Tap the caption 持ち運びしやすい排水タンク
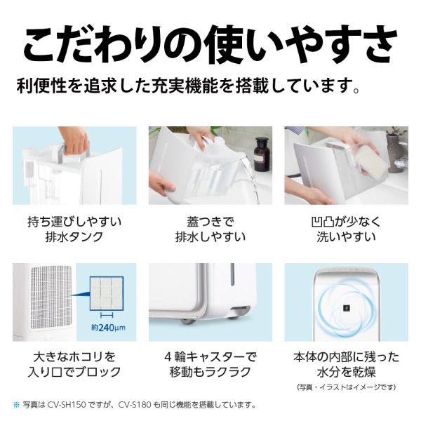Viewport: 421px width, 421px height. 74,229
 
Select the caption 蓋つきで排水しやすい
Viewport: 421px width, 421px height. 210,229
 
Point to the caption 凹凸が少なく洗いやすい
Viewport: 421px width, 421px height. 345,229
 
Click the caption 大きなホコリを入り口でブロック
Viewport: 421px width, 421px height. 74,363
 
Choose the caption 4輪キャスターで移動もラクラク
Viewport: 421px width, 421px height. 210,363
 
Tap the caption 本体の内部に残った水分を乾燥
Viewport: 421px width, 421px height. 345,363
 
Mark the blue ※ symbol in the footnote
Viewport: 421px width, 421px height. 17,405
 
